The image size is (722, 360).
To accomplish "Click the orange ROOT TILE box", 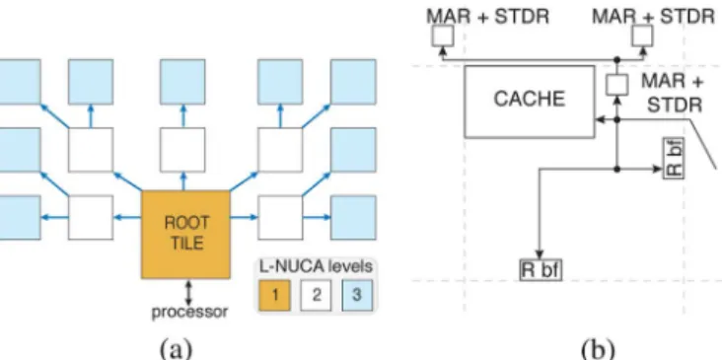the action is click(185, 235).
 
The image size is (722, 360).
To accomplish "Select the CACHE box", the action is click(530, 102).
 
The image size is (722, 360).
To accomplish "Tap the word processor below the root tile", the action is click(189, 312).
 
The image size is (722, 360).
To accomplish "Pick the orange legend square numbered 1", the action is click(274, 295).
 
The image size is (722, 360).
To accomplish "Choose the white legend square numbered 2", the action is click(316, 295).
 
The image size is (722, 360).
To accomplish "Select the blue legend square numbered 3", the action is click(357, 295).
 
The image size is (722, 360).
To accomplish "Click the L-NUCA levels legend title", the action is click(316, 267).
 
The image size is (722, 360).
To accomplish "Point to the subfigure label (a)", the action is click(175, 348).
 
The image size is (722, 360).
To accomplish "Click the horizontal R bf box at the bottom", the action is click(541, 270).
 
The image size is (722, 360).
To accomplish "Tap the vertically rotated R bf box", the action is click(674, 159).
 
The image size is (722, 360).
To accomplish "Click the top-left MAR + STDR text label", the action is click(487, 17).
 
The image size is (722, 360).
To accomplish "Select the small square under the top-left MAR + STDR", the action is click(443, 36).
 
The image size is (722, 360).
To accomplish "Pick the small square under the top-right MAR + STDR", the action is click(642, 36).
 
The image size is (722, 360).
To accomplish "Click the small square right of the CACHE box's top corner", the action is click(616, 85).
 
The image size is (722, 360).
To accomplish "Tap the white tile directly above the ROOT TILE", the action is click(182, 150).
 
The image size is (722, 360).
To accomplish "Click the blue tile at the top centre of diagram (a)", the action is click(182, 82).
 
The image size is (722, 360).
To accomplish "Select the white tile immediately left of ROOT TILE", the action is click(91, 218).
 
